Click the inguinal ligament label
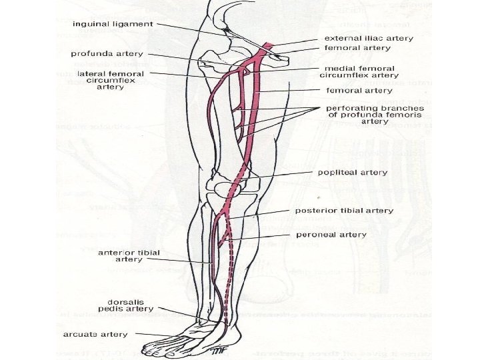coord(113,24)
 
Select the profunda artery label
coord(107,53)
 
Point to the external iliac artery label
coord(369,39)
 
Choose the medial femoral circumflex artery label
coord(361,72)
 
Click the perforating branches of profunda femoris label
coord(375,115)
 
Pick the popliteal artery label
coord(352,172)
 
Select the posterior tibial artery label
coord(354,211)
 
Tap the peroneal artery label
coord(331,235)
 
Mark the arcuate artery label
coord(87,334)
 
